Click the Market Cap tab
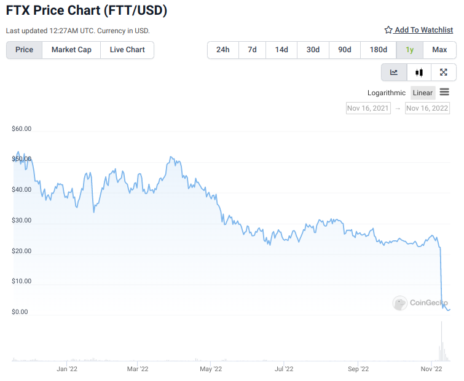pyautogui.click(x=71, y=50)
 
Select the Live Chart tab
pyautogui.click(x=127, y=50)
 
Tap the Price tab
pyautogui.click(x=25, y=50)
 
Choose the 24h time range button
pyautogui.click(x=223, y=50)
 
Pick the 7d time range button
pyautogui.click(x=252, y=50)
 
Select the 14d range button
pyautogui.click(x=281, y=50)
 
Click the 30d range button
pyautogui.click(x=313, y=50)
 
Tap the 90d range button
pyautogui.click(x=345, y=50)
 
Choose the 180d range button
pyautogui.click(x=378, y=50)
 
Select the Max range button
pyautogui.click(x=439, y=50)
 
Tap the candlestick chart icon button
pyautogui.click(x=419, y=73)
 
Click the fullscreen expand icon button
pyautogui.click(x=444, y=73)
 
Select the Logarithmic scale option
pyautogui.click(x=387, y=93)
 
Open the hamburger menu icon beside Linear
pyautogui.click(x=444, y=92)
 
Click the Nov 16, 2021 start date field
pyautogui.click(x=368, y=108)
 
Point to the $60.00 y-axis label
pyautogui.click(x=22, y=129)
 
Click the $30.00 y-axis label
pyautogui.click(x=22, y=220)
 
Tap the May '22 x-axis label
pyautogui.click(x=210, y=369)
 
